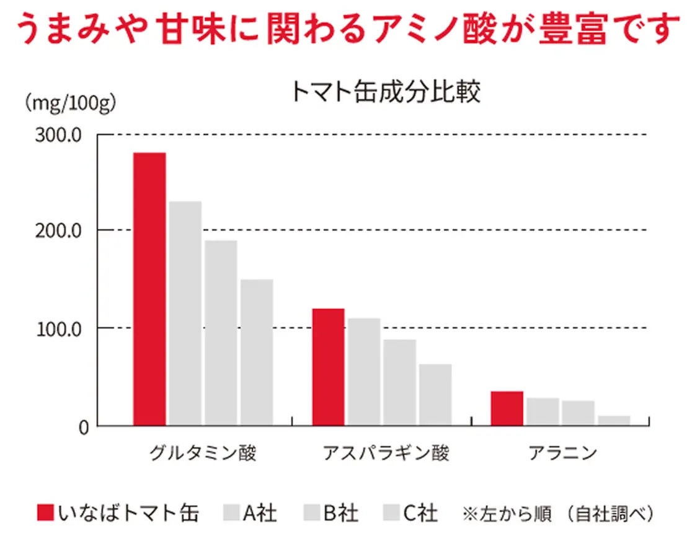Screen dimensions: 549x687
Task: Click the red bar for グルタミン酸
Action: click(149, 289)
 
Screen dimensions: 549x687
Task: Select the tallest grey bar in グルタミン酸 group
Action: click(185, 313)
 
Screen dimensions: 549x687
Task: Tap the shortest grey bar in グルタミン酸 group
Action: click(257, 352)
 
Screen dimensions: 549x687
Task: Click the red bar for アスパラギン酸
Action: click(328, 367)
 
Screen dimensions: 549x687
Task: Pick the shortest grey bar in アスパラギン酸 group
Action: click(435, 395)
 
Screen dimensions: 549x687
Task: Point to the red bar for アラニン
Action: click(507, 408)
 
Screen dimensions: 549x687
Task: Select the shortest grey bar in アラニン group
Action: click(614, 420)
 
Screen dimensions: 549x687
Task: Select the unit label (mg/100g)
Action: click(69, 102)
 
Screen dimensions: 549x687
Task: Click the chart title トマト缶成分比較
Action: click(384, 92)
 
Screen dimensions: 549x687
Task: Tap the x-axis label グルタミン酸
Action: click(203, 453)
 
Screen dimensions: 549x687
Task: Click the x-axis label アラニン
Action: click(562, 453)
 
